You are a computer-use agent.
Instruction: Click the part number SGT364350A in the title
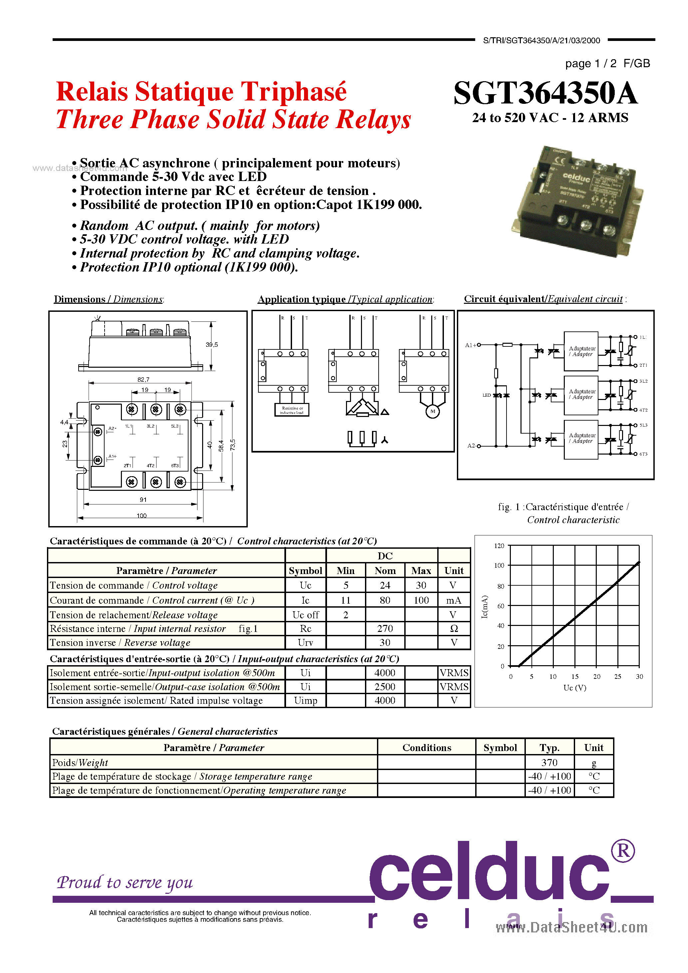pos(545,93)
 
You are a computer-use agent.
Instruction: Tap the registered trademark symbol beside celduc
pos(623,851)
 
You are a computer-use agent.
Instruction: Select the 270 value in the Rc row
pos(385,629)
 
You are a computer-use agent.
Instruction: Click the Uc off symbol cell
pos(305,615)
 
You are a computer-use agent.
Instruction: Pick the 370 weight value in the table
pos(549,762)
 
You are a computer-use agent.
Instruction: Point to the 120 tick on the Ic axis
pos(499,546)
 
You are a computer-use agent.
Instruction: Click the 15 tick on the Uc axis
pos(575,677)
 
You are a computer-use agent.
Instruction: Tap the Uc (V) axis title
pos(575,687)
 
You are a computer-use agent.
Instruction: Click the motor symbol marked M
pos(433,411)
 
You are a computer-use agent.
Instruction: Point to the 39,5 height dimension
pos(212,344)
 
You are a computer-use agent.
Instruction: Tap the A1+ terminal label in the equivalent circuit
pos(471,345)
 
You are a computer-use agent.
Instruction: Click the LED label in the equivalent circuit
pos(486,395)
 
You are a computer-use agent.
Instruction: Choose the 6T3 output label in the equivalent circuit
pos(643,454)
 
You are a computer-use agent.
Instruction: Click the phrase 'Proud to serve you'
pos(125,882)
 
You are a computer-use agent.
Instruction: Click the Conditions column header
pos(427,747)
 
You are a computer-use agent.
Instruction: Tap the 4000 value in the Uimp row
pos(385,700)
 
